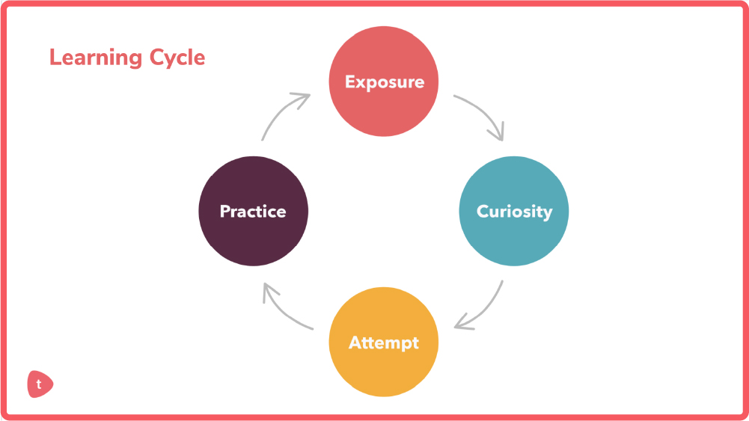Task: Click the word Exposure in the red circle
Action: (x=384, y=82)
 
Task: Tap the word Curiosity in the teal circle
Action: (x=514, y=212)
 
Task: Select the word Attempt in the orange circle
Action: (x=384, y=342)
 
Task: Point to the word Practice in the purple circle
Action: (x=253, y=212)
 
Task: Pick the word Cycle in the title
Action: (x=177, y=58)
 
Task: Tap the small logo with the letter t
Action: (x=40, y=384)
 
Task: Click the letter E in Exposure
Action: (x=350, y=82)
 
